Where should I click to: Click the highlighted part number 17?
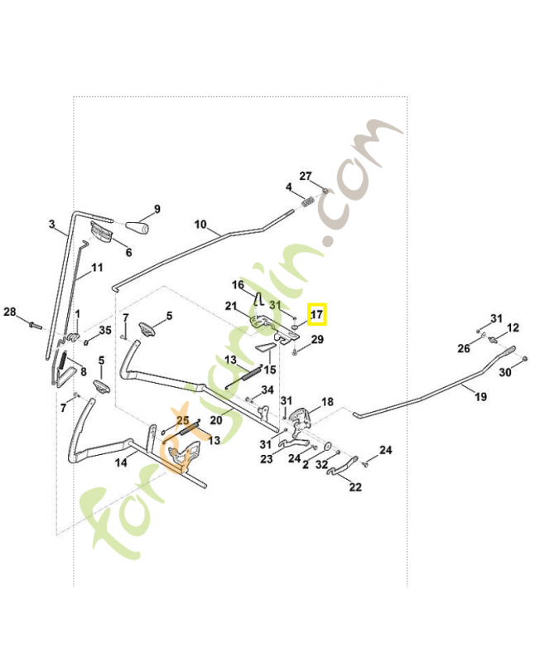pos(317,314)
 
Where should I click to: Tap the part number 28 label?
pos(10,312)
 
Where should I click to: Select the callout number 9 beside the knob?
pos(157,209)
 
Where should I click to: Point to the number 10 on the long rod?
pos(200,224)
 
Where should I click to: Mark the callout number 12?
pos(513,327)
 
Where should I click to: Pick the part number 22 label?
pos(355,486)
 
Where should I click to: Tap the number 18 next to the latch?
pos(327,402)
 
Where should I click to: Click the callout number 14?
pos(121,462)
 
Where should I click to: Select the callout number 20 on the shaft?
pos(216,420)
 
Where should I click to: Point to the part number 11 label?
pos(97,268)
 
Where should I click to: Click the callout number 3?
pos(52,224)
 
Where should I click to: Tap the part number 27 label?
pos(306,176)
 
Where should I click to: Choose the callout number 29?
pos(318,340)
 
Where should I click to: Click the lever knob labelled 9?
pos(137,227)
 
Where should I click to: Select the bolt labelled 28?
pos(33,324)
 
